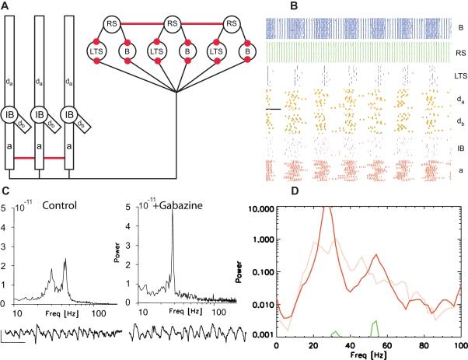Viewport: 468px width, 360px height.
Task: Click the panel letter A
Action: pyautogui.click(x=5, y=6)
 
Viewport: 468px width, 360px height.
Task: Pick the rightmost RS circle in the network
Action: pyautogui.click(x=230, y=23)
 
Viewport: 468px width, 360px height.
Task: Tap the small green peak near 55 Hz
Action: pyautogui.click(x=375, y=322)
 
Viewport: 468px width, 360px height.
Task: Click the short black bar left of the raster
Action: pyautogui.click(x=272, y=110)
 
